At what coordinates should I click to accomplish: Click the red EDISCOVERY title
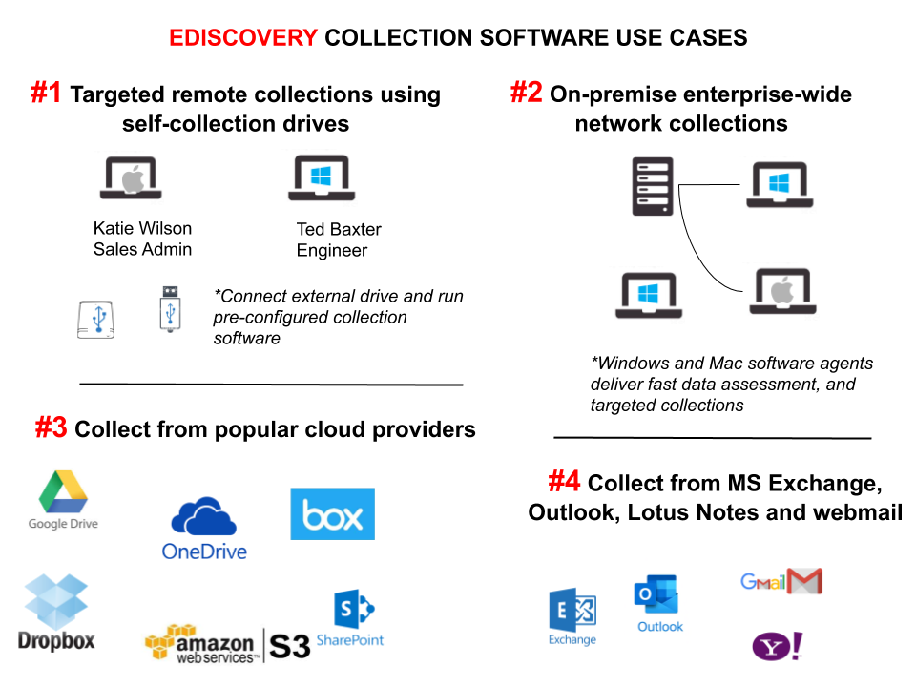(x=243, y=38)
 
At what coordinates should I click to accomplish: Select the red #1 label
(x=46, y=93)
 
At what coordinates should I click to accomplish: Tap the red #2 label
(x=526, y=93)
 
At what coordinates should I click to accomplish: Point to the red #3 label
(x=52, y=427)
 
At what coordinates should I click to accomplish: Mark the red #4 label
(x=564, y=482)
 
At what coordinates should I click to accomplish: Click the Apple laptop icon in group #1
(x=129, y=177)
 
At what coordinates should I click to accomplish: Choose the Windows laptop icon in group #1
(x=320, y=177)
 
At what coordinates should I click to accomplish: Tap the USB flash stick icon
(x=170, y=307)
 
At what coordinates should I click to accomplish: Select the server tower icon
(x=653, y=186)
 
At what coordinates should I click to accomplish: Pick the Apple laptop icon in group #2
(x=781, y=291)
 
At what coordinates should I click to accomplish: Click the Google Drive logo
(x=63, y=501)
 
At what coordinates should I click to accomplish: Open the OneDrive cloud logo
(x=204, y=527)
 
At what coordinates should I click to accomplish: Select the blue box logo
(x=332, y=514)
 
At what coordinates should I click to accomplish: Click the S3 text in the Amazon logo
(x=290, y=646)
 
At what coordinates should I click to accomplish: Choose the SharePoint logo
(x=350, y=619)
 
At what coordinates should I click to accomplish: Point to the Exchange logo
(x=572, y=616)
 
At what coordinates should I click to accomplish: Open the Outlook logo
(x=659, y=600)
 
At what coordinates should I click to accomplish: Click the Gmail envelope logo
(x=781, y=580)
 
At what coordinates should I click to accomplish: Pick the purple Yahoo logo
(x=778, y=647)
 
